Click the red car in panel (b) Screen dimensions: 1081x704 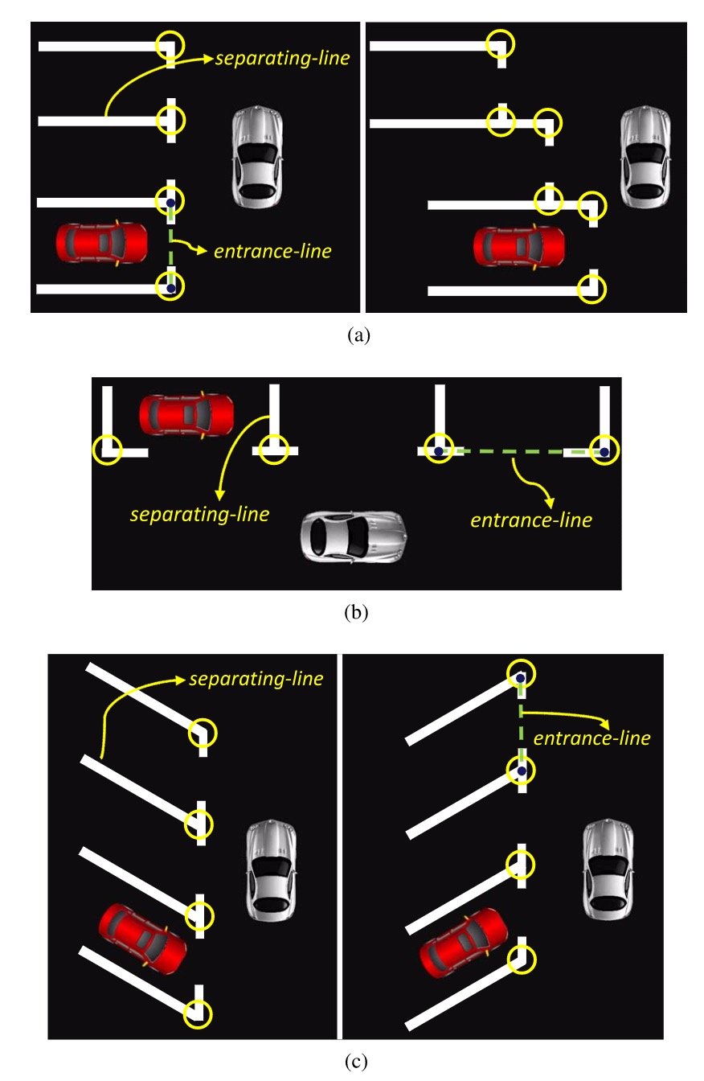(x=186, y=415)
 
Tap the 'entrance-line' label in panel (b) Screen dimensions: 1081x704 (x=531, y=520)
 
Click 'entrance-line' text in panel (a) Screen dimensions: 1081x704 (x=272, y=252)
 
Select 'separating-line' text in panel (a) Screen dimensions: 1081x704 (x=282, y=59)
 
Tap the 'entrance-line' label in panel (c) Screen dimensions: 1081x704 (x=591, y=738)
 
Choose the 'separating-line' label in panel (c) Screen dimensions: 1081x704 (x=256, y=679)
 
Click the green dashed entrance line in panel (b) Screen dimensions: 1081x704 (x=514, y=453)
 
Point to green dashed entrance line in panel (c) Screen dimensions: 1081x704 (x=521, y=724)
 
